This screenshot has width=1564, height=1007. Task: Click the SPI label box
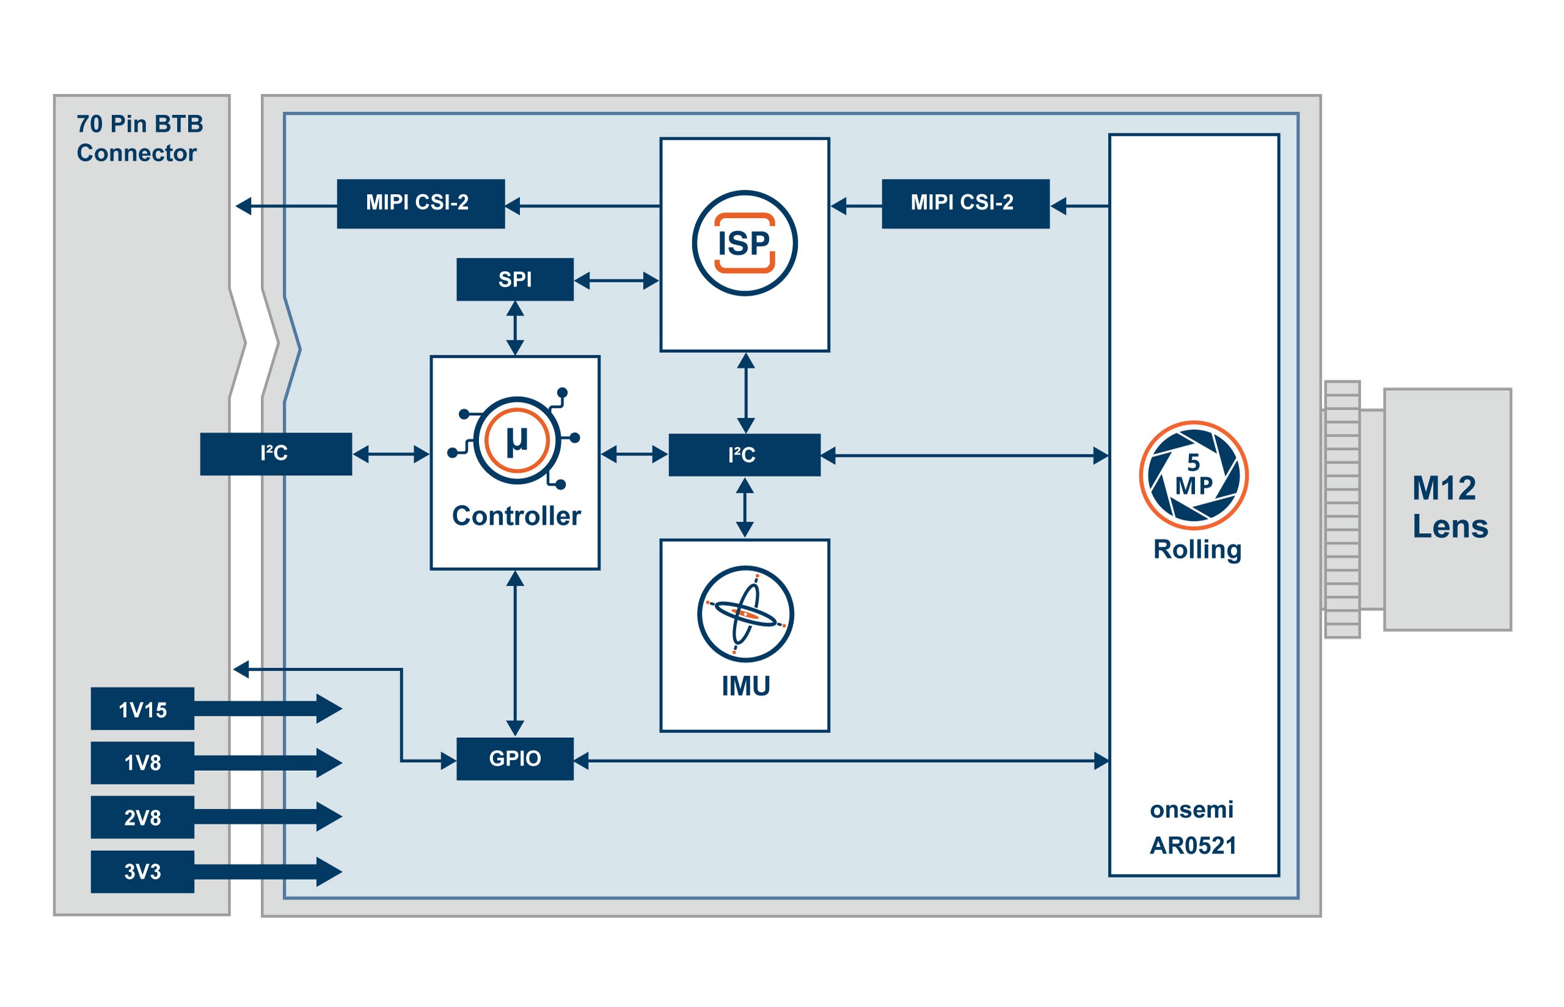tap(514, 279)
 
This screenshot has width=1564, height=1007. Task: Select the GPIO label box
tap(514, 758)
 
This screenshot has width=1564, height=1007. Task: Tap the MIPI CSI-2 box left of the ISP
tap(420, 203)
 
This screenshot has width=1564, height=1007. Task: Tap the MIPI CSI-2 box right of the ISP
tap(965, 203)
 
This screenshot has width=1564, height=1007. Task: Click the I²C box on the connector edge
tap(276, 454)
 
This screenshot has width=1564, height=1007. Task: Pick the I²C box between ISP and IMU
tap(744, 454)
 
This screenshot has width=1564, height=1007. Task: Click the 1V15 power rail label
tap(142, 709)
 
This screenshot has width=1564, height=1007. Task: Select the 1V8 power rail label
tap(142, 763)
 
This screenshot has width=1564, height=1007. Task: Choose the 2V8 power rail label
tap(142, 817)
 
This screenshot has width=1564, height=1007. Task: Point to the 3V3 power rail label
tap(142, 871)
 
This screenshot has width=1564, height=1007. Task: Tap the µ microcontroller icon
tap(517, 440)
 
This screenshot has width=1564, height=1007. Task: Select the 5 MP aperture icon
tap(1193, 474)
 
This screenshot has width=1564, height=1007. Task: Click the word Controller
tap(516, 516)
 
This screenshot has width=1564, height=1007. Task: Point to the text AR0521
tap(1193, 846)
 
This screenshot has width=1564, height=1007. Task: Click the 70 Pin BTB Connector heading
tap(139, 138)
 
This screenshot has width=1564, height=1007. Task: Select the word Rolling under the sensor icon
tap(1196, 549)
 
